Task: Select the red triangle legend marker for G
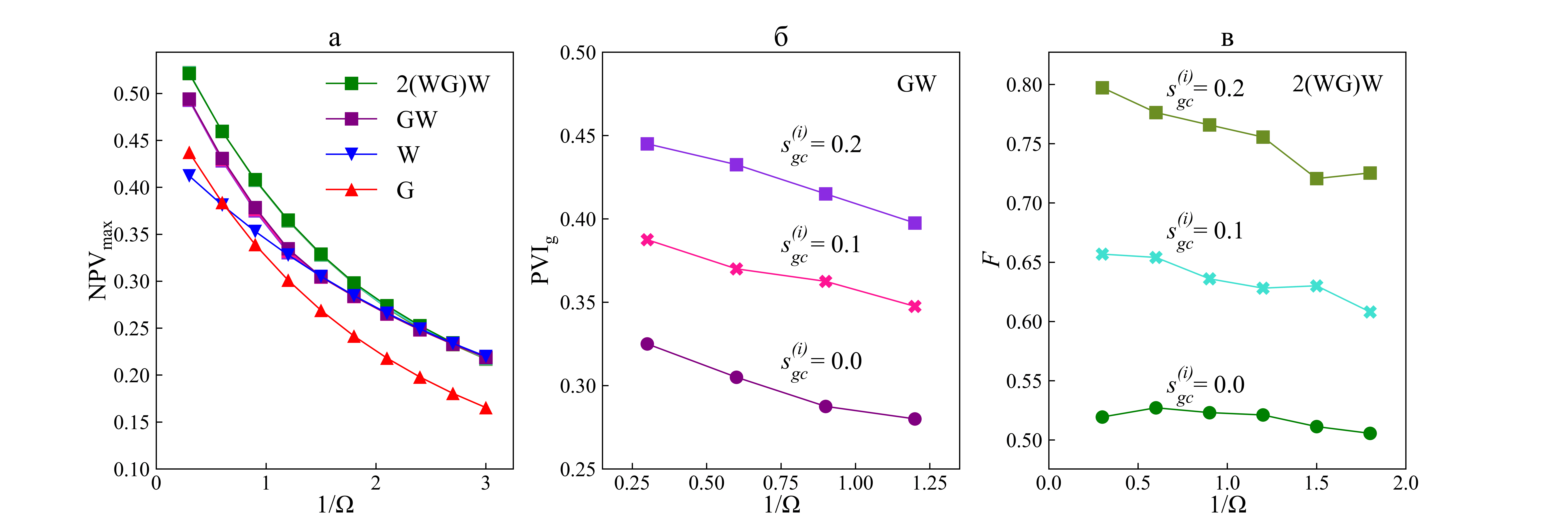[351, 190]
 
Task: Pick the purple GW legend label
[417, 119]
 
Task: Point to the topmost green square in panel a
[189, 73]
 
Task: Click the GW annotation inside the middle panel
[916, 84]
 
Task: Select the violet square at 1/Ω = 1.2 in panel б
[914, 223]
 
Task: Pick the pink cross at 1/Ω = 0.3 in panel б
[647, 240]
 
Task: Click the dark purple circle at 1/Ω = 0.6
[736, 377]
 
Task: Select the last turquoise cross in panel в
[1370, 312]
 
